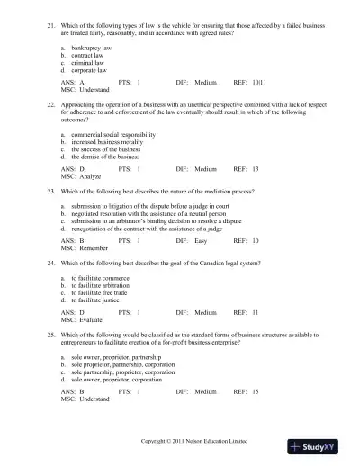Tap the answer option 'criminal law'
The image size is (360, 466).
[x=88, y=62]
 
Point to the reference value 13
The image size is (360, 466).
[x=256, y=169]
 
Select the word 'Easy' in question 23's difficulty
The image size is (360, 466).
[x=202, y=242]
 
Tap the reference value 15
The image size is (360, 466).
[x=256, y=392]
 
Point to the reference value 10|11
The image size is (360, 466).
[x=257, y=81]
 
